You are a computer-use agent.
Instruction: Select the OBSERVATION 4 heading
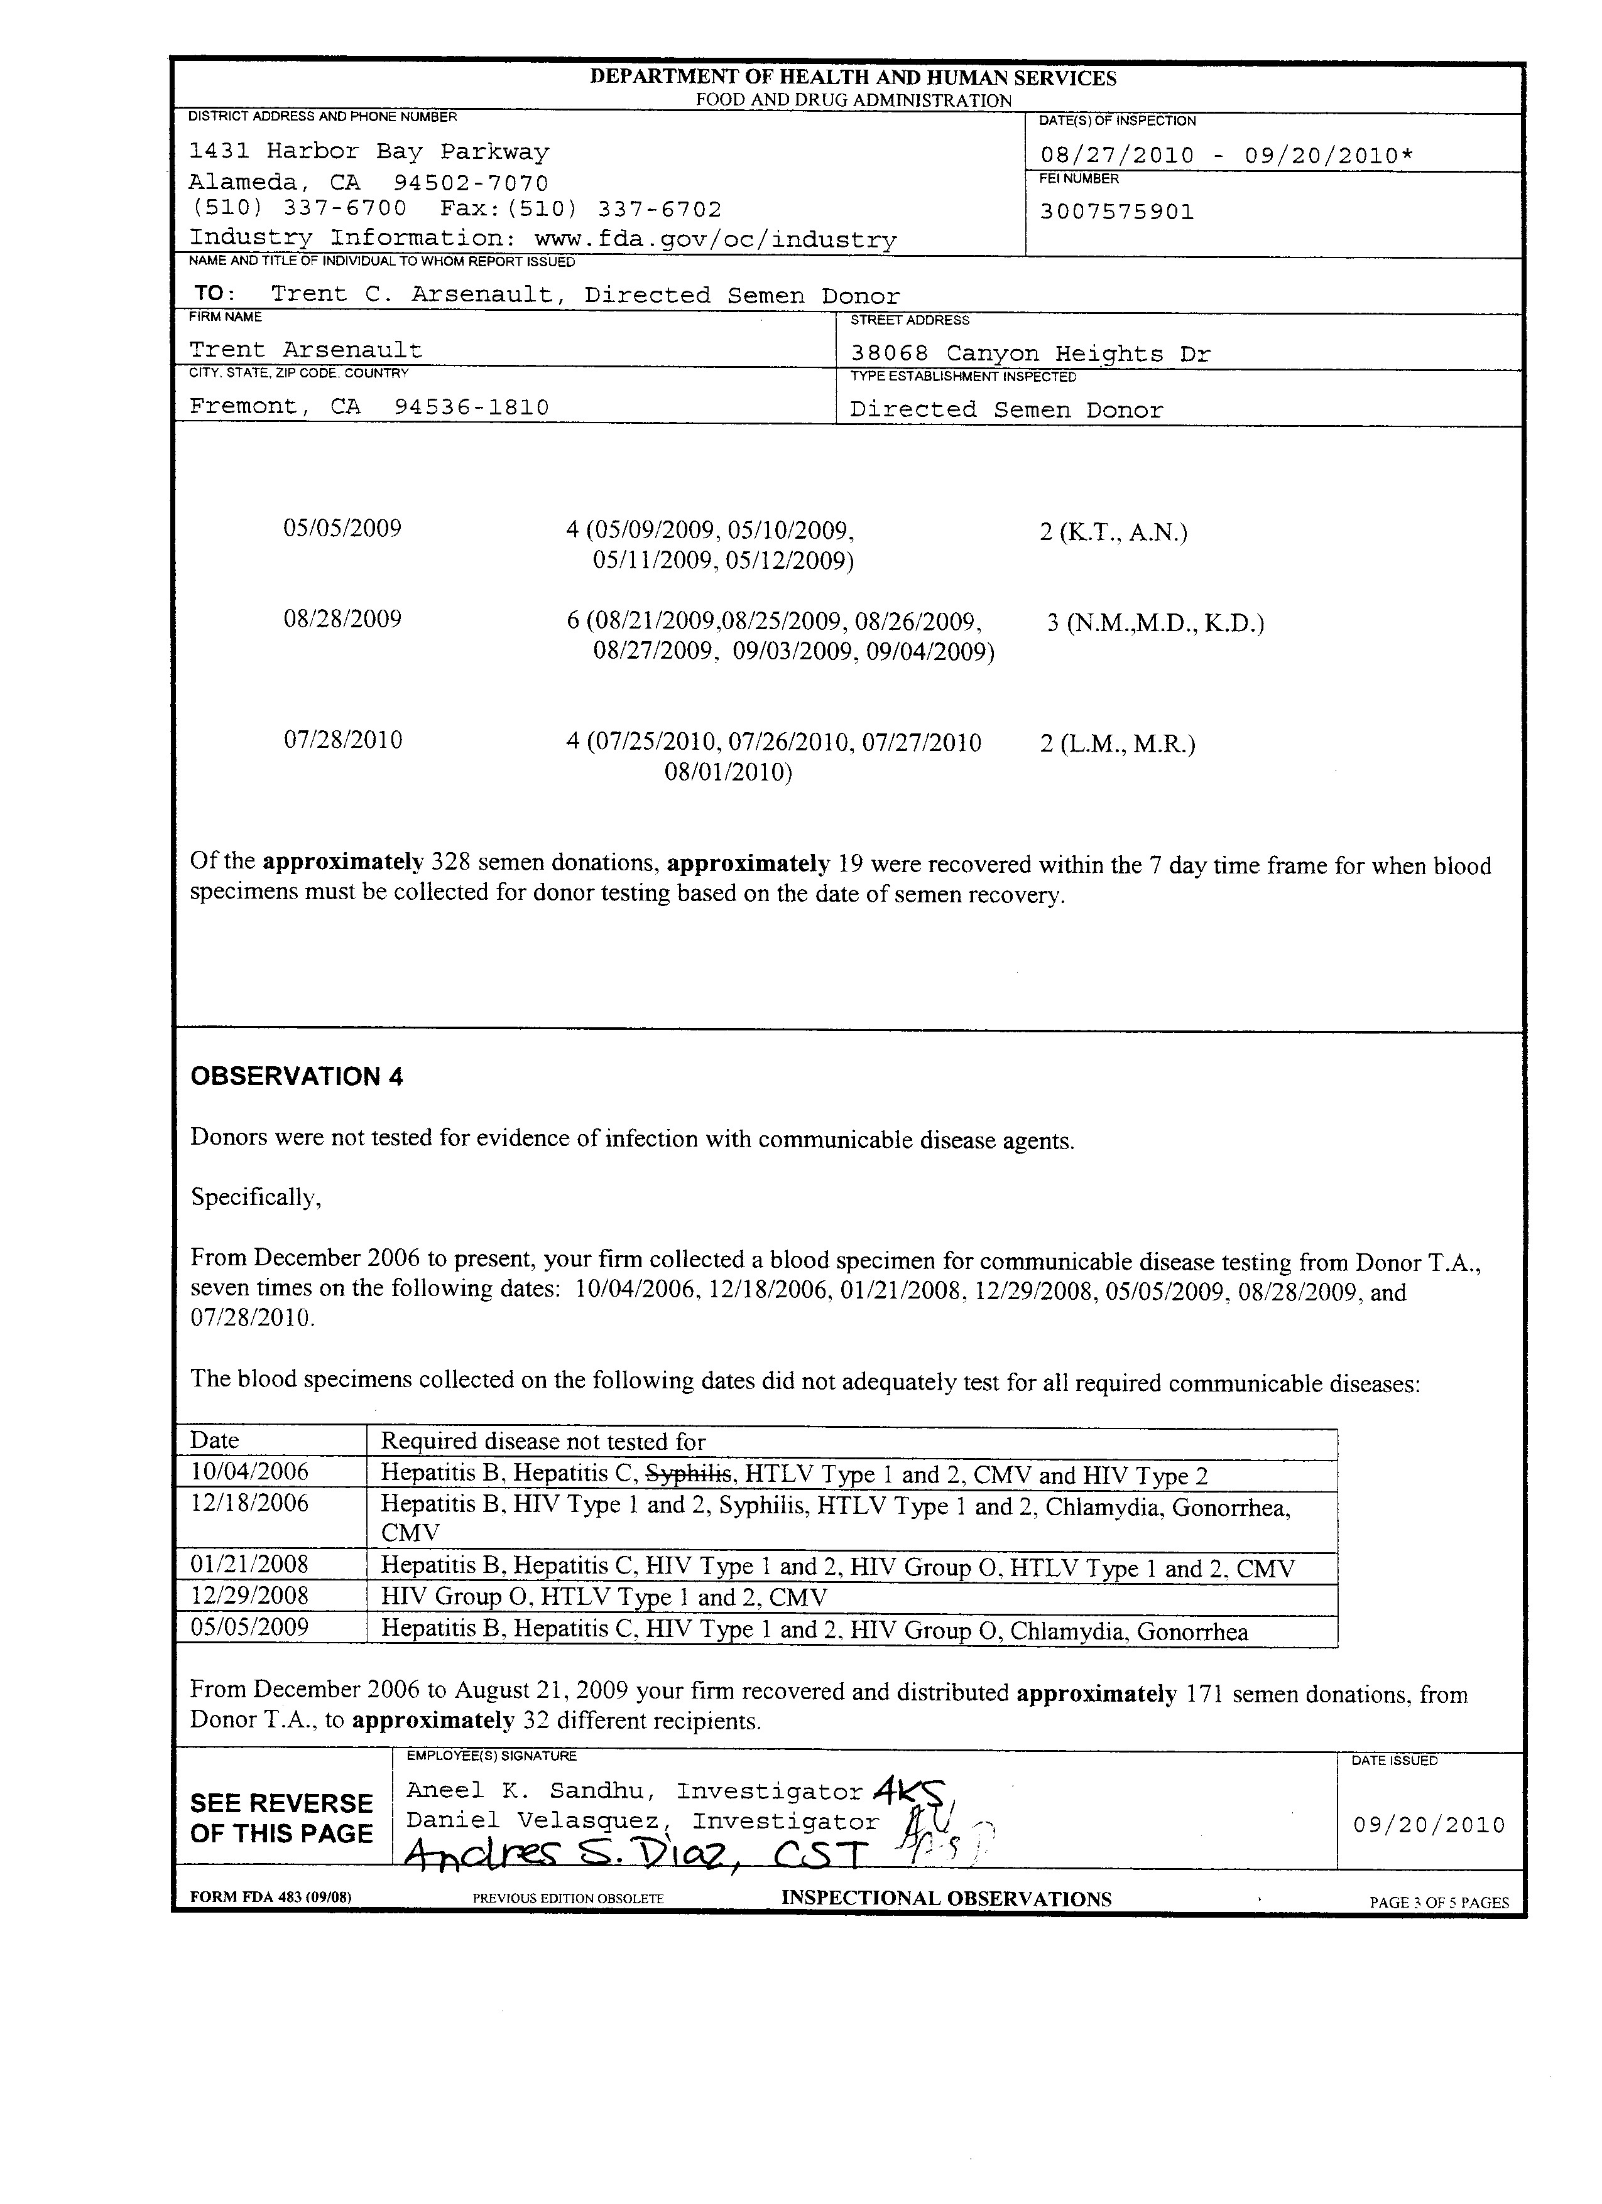tap(297, 1077)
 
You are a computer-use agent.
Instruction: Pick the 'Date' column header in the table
tap(215, 1440)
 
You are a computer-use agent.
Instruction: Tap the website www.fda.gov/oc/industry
tap(716, 239)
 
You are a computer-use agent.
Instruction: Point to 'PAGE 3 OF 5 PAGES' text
tap(1439, 1902)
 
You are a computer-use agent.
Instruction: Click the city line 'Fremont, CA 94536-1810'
tap(369, 407)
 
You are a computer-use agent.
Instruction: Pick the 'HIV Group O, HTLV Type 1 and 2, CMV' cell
tap(604, 1597)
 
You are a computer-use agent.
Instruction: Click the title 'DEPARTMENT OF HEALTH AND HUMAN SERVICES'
tap(853, 78)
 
